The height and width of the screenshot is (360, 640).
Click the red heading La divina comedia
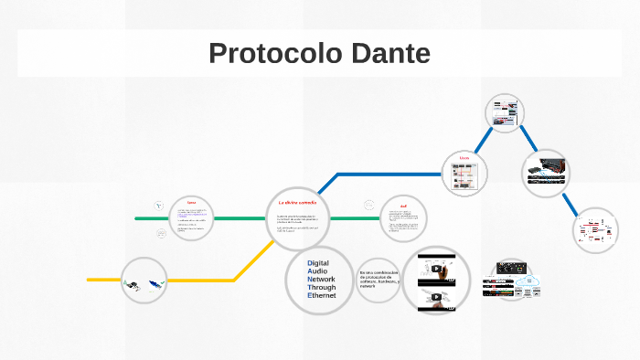click(296, 201)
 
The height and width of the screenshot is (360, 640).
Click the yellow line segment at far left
click(102, 279)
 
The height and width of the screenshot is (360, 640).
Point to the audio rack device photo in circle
click(548, 171)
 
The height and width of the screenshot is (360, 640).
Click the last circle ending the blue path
click(596, 231)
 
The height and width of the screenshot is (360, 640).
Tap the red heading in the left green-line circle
click(191, 203)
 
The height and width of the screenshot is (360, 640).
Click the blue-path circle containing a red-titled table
click(464, 174)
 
